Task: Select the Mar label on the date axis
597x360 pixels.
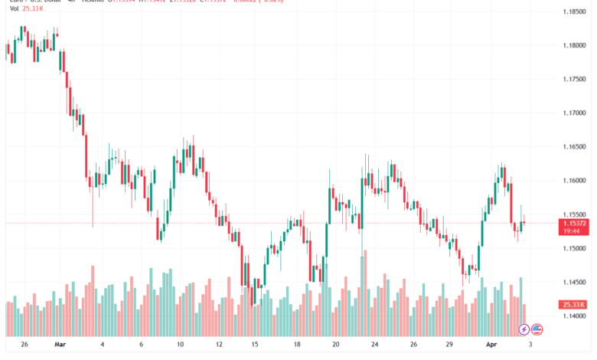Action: point(61,345)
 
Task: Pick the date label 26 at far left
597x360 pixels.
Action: point(25,345)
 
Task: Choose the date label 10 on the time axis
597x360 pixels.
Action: point(181,345)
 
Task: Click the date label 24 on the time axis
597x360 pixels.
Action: point(374,345)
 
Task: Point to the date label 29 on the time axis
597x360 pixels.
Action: point(452,345)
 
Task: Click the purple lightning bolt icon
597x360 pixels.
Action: point(524,329)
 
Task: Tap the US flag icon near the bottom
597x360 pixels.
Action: point(537,329)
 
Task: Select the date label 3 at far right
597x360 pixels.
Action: point(530,345)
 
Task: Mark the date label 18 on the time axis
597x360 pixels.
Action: point(296,345)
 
